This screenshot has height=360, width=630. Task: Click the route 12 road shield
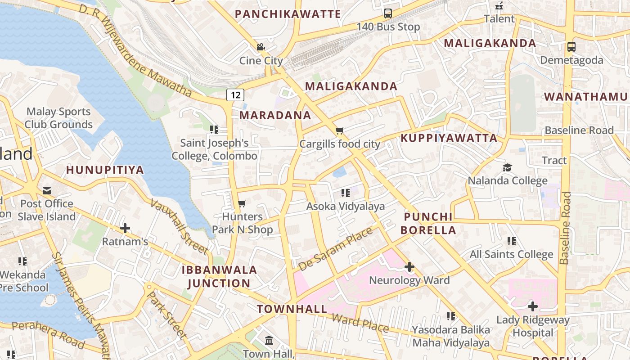[235, 95]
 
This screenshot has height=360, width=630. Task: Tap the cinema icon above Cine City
[261, 47]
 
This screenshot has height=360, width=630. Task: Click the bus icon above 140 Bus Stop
[388, 13]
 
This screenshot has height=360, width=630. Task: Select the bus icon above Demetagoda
[571, 46]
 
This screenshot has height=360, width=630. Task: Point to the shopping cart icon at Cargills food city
[340, 131]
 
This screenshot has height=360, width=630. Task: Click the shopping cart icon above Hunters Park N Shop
[242, 203]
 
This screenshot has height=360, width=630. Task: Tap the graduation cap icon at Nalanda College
[508, 167]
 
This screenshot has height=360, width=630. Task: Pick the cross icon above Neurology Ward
[409, 267]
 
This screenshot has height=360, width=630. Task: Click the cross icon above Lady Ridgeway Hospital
[533, 307]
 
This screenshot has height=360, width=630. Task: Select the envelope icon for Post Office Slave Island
[47, 190]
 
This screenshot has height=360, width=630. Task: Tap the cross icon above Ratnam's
[125, 228]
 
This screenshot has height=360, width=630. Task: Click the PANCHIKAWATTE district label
[288, 14]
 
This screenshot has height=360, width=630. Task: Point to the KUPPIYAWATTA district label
[449, 138]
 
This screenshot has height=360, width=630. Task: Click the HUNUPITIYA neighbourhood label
[105, 170]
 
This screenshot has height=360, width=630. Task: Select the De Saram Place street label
[335, 249]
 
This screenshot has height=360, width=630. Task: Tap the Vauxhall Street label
[179, 226]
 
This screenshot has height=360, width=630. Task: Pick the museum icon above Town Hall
[269, 340]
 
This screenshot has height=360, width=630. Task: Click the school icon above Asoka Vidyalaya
[345, 193]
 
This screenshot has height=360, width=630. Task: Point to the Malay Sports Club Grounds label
[58, 118]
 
